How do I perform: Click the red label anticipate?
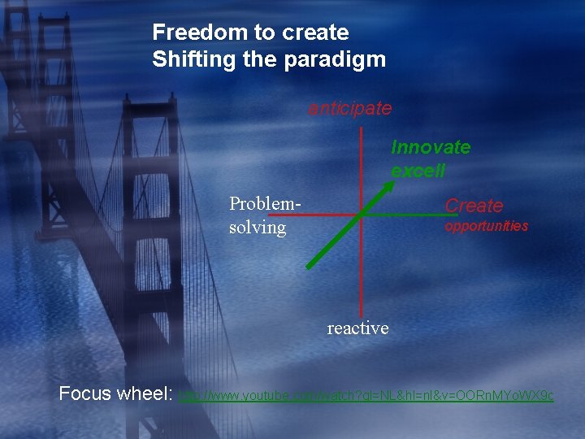(349, 108)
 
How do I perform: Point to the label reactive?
(357, 328)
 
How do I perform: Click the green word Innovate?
(431, 147)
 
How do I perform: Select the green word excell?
(418, 171)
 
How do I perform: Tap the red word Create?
(474, 206)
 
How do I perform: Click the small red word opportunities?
(486, 226)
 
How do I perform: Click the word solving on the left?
(258, 228)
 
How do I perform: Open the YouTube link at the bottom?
(366, 396)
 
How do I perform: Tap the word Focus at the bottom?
(85, 394)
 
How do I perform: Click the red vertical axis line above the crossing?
(361, 163)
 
